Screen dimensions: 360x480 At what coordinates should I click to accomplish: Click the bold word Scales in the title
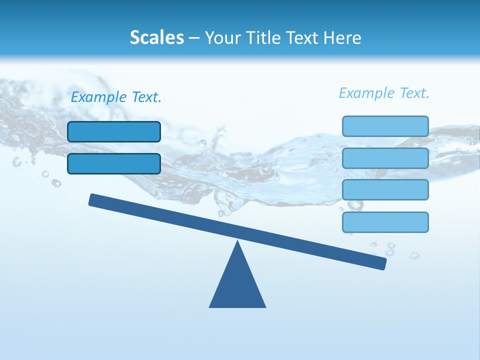(x=157, y=37)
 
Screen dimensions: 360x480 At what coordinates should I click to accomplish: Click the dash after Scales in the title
(x=194, y=38)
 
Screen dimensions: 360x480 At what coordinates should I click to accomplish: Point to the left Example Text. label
(x=116, y=97)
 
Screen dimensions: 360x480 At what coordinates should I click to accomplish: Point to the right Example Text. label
(x=384, y=93)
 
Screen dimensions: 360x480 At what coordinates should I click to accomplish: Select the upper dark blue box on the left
(x=114, y=131)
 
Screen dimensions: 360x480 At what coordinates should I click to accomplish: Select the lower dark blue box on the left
(x=114, y=163)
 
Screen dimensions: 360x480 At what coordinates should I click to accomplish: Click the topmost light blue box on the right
(x=385, y=126)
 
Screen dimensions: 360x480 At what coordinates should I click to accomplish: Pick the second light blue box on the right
(x=385, y=158)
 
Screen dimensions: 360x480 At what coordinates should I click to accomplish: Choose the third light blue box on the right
(x=385, y=190)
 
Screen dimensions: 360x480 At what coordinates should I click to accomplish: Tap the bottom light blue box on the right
(x=385, y=222)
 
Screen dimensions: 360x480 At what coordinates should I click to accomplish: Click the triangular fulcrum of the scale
(x=237, y=285)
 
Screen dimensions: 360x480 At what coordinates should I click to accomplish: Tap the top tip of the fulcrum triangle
(x=237, y=242)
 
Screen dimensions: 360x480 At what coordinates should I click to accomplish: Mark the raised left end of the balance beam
(x=93, y=199)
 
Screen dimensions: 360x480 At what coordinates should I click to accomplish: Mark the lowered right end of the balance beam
(x=382, y=263)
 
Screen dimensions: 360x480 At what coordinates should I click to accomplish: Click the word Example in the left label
(x=99, y=97)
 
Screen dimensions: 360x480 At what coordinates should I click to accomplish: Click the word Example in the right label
(x=367, y=93)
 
